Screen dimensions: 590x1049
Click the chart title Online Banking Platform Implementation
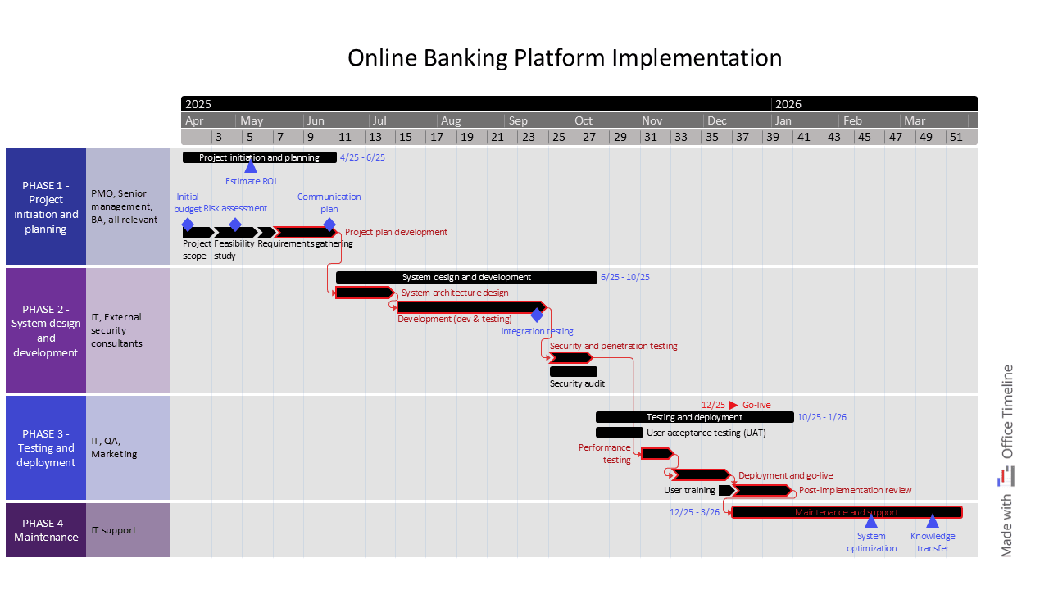click(x=565, y=58)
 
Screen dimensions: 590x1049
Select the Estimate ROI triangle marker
click(x=251, y=166)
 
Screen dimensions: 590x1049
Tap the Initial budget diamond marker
click(x=188, y=225)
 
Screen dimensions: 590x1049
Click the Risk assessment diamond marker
click(x=235, y=225)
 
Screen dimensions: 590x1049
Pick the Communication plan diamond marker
click(x=329, y=225)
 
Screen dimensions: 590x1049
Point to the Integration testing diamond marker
click(x=537, y=315)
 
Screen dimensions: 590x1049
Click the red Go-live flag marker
click(x=733, y=405)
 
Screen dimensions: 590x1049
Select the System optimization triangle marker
click(x=871, y=521)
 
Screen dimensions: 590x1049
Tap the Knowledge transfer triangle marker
click(x=933, y=521)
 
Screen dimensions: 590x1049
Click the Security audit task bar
click(x=573, y=372)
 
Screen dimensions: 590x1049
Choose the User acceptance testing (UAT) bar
click(x=619, y=433)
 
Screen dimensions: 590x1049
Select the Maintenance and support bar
click(x=847, y=512)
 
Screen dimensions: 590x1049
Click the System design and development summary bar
click(x=466, y=278)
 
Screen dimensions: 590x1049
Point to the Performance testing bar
click(x=656, y=453)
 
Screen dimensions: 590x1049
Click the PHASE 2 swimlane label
click(x=46, y=330)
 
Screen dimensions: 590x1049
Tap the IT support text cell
click(x=114, y=530)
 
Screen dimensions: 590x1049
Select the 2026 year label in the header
click(x=788, y=104)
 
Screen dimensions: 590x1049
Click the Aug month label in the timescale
click(x=451, y=120)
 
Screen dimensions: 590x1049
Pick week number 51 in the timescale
click(x=956, y=137)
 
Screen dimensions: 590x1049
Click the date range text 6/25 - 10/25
click(x=624, y=278)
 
